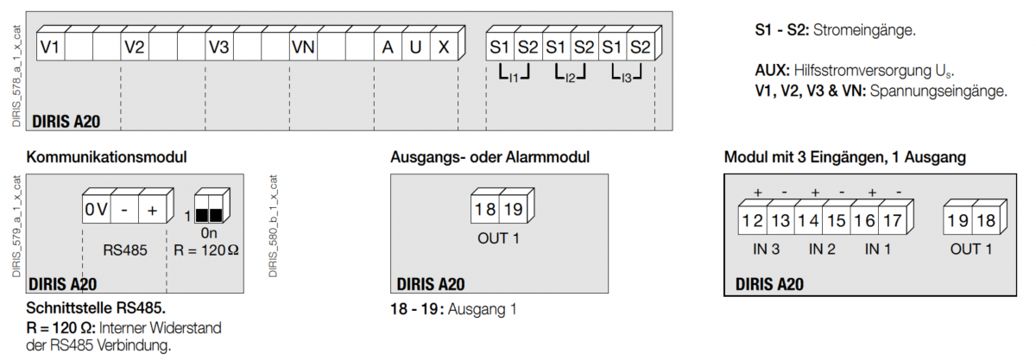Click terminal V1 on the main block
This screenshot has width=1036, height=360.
point(50,47)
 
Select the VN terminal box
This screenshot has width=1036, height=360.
point(304,47)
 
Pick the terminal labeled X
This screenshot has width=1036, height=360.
point(444,47)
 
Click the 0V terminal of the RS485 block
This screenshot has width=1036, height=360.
point(96,210)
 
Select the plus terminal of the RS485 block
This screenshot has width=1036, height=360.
point(153,210)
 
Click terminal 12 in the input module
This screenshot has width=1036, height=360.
point(752,221)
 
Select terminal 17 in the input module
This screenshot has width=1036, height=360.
point(892,221)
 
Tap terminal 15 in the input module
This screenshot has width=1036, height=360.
point(836,221)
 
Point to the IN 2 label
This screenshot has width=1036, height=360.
point(822,249)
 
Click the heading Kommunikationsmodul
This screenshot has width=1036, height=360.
point(107,158)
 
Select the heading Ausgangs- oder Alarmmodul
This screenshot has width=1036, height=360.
point(490,158)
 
